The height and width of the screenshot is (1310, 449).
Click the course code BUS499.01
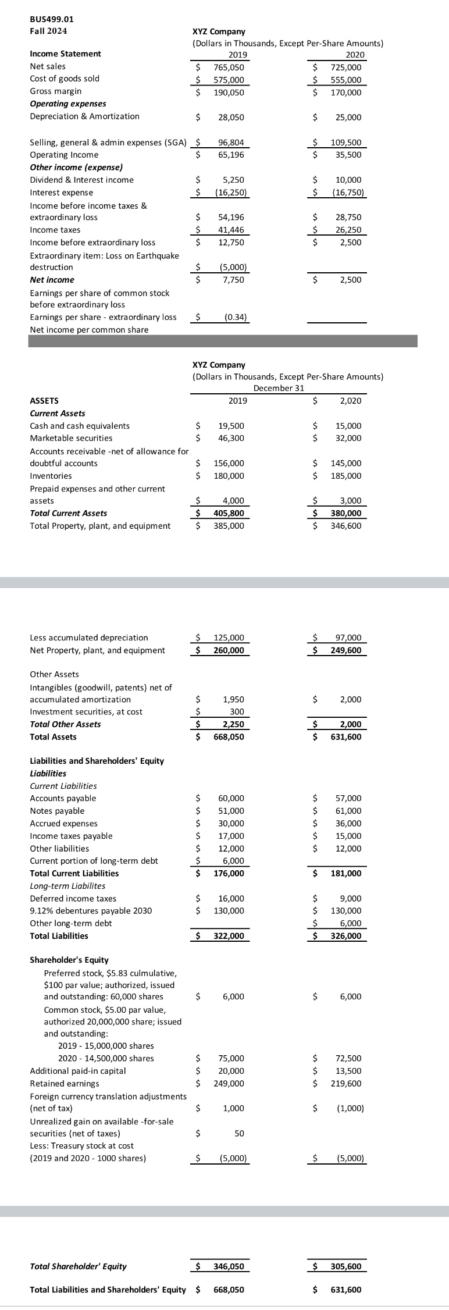52,19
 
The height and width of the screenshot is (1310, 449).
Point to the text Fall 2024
48,30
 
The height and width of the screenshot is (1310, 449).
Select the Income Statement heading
65,54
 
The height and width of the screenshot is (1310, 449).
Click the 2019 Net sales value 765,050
229,67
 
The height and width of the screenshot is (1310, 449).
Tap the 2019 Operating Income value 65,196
231,155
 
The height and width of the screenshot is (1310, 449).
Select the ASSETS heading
44,400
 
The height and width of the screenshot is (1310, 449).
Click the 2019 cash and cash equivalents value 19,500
231,426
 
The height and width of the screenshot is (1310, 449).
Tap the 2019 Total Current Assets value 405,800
229,513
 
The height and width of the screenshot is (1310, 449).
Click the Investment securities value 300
237,711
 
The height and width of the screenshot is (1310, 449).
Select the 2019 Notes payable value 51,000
231,811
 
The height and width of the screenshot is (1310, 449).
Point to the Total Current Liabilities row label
74,873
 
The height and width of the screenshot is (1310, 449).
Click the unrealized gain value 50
239,1133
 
